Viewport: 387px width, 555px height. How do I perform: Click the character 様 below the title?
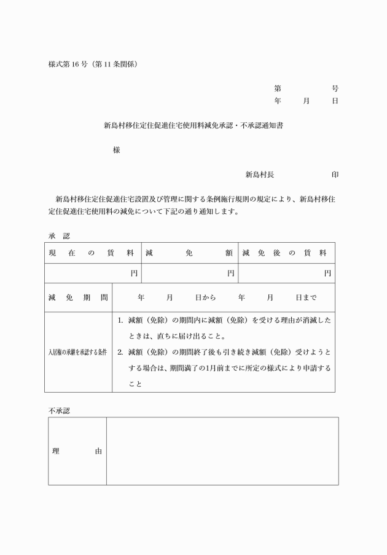coord(116,150)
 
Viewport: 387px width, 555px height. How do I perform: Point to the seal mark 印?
coord(335,175)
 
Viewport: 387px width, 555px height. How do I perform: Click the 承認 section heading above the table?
coord(59,235)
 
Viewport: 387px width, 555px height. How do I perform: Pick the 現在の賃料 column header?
coord(92,253)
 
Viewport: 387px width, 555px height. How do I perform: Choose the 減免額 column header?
coord(189,253)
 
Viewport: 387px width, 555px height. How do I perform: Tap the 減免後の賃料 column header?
coord(285,253)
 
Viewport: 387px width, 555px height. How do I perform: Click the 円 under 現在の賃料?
coord(134,273)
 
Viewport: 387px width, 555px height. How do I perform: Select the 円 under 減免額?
coord(231,273)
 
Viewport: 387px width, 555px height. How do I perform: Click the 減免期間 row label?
coord(78,298)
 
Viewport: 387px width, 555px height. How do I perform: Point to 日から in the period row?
coord(206,298)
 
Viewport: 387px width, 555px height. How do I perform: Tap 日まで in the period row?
coord(305,298)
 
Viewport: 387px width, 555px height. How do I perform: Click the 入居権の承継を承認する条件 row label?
coord(78,352)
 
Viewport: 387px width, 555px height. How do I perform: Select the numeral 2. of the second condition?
coord(121,352)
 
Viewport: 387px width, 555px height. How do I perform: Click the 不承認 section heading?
coord(59,411)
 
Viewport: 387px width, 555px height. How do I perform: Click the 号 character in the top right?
coord(335,89)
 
